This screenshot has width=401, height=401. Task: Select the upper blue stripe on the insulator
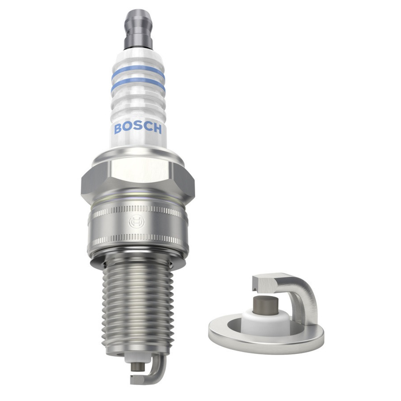pyautogui.click(x=138, y=73)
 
